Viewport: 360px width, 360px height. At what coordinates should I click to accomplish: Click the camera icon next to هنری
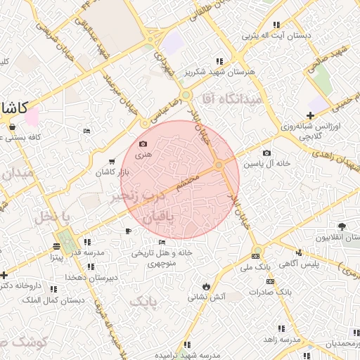click(143, 143)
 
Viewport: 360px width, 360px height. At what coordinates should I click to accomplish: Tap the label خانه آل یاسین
click(267, 163)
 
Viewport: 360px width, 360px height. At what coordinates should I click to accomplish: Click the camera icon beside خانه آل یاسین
click(266, 153)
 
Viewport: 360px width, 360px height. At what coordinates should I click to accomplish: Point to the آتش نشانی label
click(206, 297)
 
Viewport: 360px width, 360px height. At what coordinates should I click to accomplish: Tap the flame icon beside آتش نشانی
click(205, 287)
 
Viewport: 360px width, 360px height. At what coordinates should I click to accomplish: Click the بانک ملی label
click(255, 267)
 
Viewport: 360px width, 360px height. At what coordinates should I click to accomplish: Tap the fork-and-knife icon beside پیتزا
click(56, 246)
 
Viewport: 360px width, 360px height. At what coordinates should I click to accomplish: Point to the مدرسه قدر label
click(88, 252)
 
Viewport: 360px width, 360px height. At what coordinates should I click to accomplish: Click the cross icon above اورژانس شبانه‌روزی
click(310, 115)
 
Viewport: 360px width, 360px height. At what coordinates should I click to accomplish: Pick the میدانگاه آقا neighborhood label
click(231, 98)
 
